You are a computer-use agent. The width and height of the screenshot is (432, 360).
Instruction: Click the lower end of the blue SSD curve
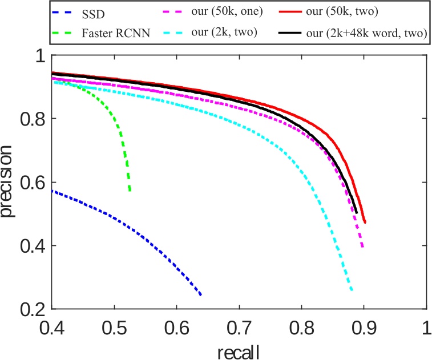coord(201,294)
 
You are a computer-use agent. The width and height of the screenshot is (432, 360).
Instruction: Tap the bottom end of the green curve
coord(130,191)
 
